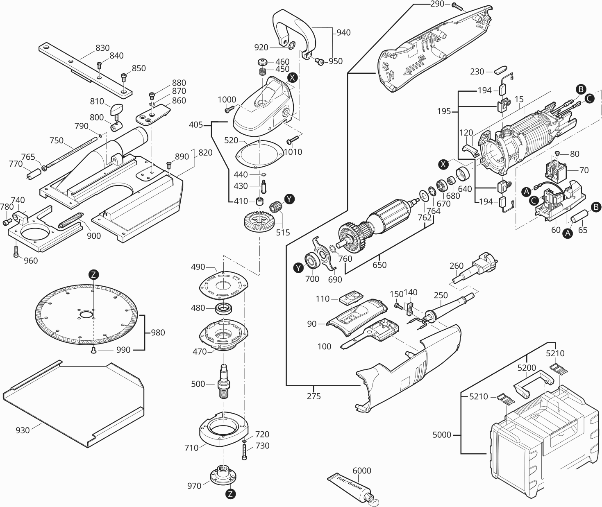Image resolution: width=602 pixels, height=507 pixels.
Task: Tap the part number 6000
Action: tap(361, 471)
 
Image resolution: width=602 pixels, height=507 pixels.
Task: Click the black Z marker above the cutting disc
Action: tap(94, 274)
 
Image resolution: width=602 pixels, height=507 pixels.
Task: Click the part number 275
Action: tap(313, 396)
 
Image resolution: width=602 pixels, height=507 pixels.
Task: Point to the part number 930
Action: tap(23, 430)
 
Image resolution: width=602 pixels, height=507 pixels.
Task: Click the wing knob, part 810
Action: tap(116, 110)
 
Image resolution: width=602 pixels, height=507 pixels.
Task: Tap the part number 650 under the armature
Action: tap(379, 265)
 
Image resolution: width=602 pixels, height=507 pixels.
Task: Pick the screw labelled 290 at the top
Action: tap(457, 6)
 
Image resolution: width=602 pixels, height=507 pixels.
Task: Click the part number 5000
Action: tap(442, 435)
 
